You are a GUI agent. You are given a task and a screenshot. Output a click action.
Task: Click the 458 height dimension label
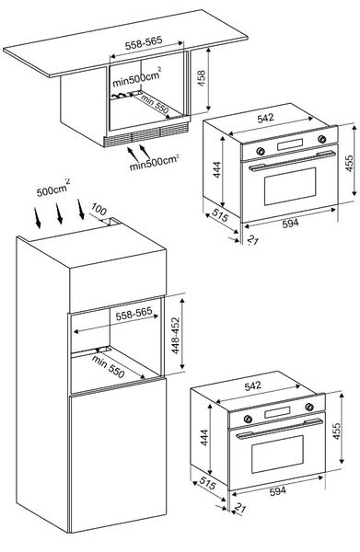201,79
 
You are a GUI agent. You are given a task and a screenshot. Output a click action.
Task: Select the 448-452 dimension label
175,336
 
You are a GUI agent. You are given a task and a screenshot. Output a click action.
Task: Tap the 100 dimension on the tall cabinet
99,210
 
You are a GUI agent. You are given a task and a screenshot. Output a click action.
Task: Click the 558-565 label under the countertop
144,43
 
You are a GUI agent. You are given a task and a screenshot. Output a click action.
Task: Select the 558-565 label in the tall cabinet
134,314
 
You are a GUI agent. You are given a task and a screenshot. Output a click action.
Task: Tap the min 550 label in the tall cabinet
108,367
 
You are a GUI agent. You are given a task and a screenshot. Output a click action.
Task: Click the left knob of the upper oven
261,151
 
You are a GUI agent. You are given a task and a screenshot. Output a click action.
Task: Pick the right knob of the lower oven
309,407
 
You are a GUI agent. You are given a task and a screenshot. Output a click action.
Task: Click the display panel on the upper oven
290,144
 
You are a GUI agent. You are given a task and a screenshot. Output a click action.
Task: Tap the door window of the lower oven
277,454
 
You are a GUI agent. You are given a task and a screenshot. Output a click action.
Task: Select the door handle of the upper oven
292,160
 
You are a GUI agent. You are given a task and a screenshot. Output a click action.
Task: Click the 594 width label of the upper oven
290,224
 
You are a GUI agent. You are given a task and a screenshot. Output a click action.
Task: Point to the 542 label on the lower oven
253,385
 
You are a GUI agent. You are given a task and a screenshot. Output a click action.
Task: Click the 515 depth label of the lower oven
207,484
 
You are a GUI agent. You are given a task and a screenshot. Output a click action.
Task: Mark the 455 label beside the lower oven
337,431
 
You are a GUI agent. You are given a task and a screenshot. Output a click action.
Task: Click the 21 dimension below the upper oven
253,240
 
